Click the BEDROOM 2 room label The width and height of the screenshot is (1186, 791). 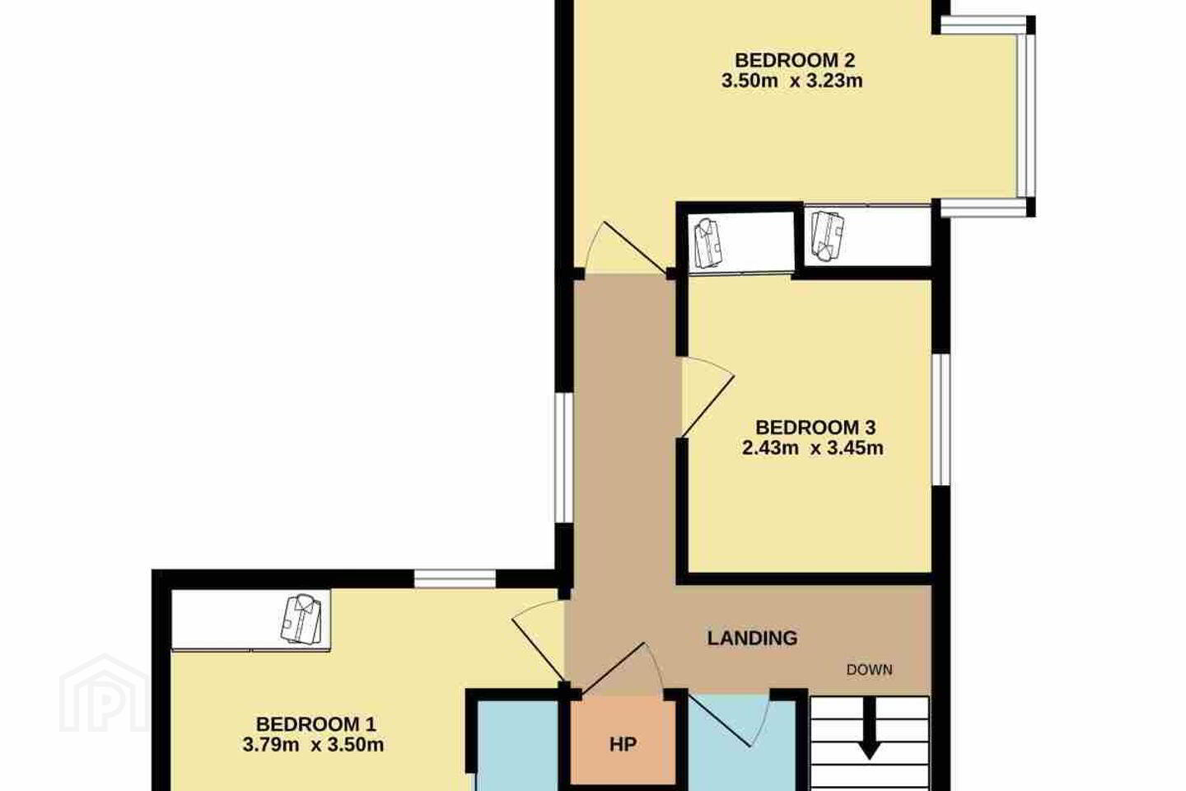(795, 60)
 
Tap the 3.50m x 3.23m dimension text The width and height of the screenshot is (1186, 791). (792, 81)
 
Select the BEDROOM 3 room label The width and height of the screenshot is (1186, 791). (815, 427)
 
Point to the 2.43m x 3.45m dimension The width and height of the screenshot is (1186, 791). (813, 448)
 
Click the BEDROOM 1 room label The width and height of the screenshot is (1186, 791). (316, 723)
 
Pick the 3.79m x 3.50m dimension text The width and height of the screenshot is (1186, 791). (314, 745)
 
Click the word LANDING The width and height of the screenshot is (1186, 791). (753, 638)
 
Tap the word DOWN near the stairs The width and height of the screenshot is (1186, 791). (870, 670)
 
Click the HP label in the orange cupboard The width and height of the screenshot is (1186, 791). (623, 744)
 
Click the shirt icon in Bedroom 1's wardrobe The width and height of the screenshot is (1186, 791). (301, 618)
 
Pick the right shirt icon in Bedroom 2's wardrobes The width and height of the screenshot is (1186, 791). (828, 236)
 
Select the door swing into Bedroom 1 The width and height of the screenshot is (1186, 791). (537, 641)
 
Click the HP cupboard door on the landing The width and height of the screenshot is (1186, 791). (623, 668)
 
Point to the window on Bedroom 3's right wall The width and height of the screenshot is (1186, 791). (941, 419)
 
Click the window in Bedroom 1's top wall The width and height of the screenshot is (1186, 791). (455, 578)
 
